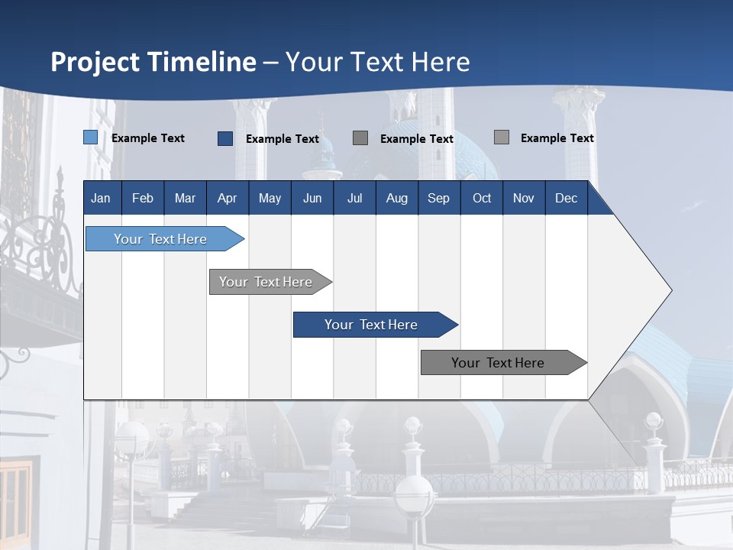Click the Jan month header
coord(101,198)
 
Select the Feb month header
coord(143,198)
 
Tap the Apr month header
coord(227,198)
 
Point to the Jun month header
coord(312,198)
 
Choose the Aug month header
coord(396,198)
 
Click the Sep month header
coord(438,198)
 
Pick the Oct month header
coord(482,198)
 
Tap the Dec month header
coord(566,198)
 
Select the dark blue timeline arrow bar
coord(372,325)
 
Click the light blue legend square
coord(91,137)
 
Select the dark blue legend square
coord(225,138)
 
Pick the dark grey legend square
coord(360,137)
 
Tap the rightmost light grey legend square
coord(502,137)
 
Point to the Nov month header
coord(524,198)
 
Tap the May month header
coord(270,198)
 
